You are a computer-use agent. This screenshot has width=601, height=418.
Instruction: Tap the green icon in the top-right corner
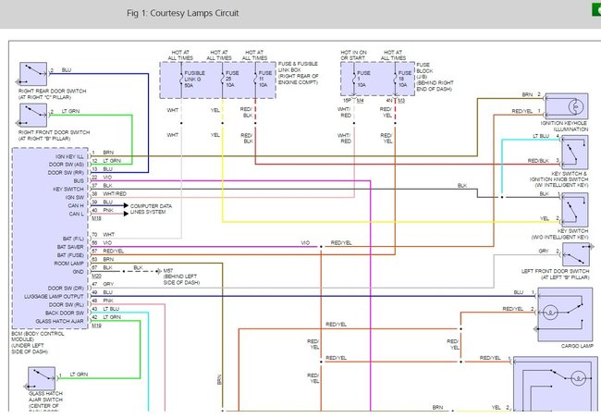[592, 8]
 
